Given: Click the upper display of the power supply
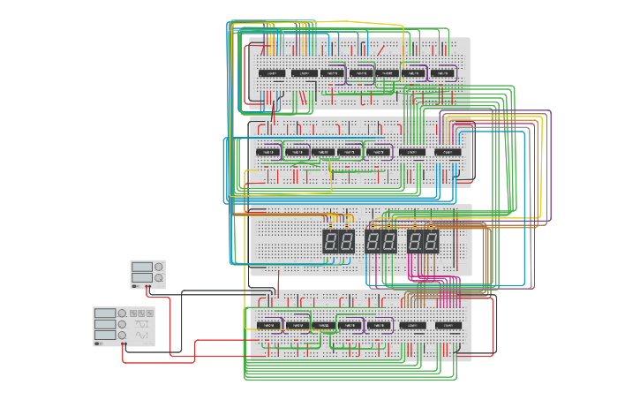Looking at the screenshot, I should (142, 267).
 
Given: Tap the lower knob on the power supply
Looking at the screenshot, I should (159, 279).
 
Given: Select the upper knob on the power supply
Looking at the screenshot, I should (159, 267).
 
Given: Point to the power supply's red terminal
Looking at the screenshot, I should (149, 289).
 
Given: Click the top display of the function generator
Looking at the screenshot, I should (105, 313).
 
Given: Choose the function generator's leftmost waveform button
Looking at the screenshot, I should (133, 313).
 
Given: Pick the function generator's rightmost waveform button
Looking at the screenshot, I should (149, 313).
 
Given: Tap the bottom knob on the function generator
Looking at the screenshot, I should (122, 336).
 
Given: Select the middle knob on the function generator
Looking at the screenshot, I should (122, 324).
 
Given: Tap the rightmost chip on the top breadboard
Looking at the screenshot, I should (444, 72).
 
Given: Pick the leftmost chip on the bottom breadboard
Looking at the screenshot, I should (269, 325).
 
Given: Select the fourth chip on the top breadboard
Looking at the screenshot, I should (360, 72).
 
